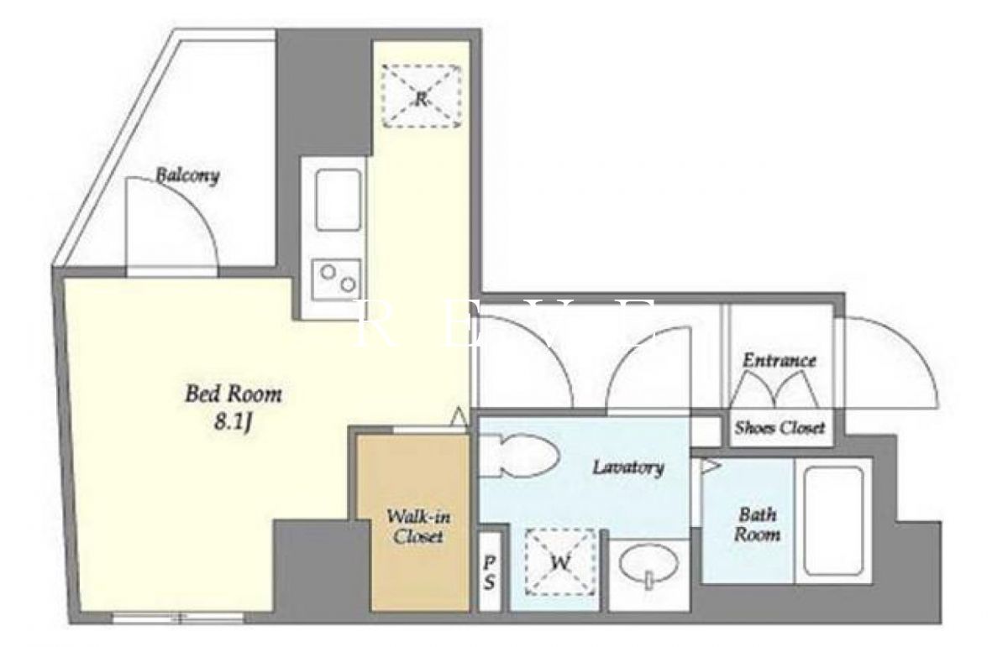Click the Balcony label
tap(187, 175)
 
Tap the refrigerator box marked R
tap(421, 96)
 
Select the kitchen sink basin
tap(339, 200)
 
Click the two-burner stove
tap(337, 279)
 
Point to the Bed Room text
tap(234, 394)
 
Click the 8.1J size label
tap(232, 423)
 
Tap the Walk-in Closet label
tap(418, 526)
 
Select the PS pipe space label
tap(490, 573)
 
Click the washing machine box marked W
tap(561, 562)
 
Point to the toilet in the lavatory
tap(517, 455)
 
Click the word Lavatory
tap(628, 467)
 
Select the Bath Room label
tap(758, 524)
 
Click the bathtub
tap(833, 521)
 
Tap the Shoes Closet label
tap(780, 428)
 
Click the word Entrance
tap(780, 360)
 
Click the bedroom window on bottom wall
tap(178, 618)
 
